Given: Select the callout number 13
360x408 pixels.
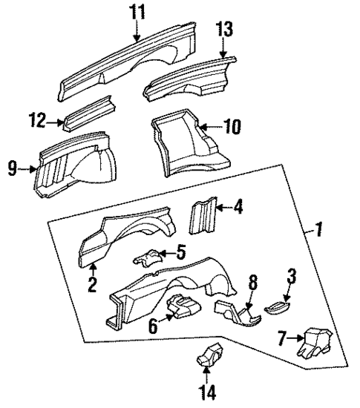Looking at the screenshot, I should [x=226, y=30].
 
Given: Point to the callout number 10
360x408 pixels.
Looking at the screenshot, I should [x=232, y=127].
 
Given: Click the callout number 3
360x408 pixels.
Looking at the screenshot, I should [x=291, y=276].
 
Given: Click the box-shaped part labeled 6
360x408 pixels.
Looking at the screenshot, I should [x=186, y=306].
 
